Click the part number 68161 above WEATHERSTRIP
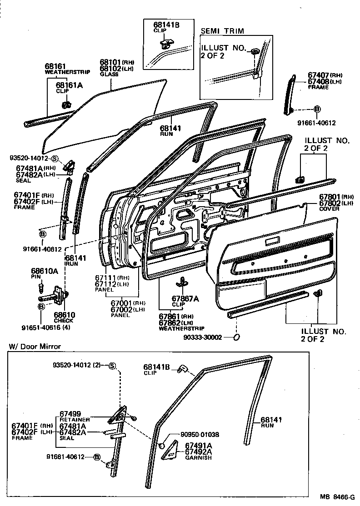pos(54,66)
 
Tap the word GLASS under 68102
pos(109,74)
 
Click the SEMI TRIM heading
pos(222,31)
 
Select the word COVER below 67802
pos(329,209)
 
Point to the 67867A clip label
pos(185,298)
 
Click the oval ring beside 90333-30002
pos(237,337)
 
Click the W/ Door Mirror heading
pos(35,347)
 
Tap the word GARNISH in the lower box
pos(198,457)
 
